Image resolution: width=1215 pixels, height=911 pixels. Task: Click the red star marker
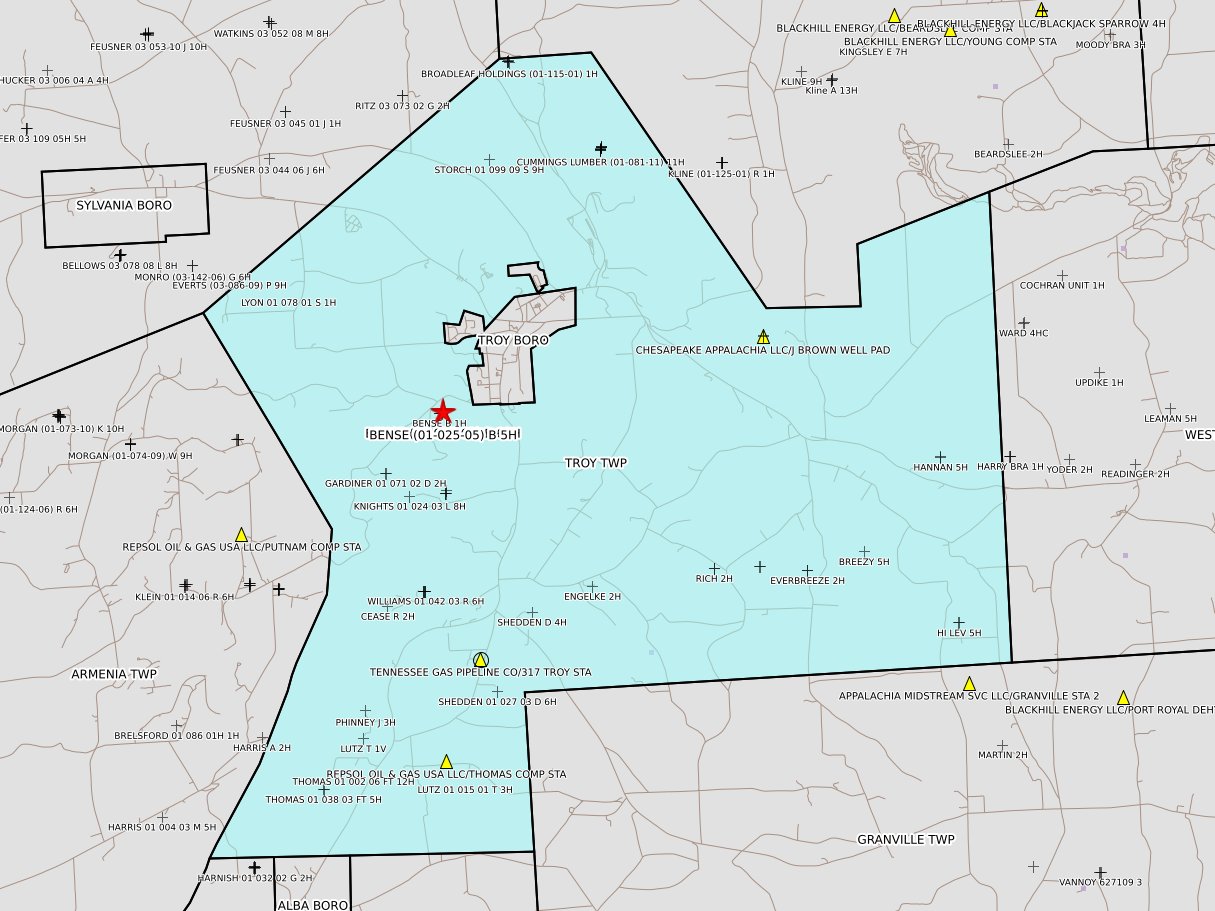coord(442,411)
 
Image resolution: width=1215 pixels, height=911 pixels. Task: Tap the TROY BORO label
coord(508,340)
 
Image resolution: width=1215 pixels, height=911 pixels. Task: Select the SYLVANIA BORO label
coord(124,205)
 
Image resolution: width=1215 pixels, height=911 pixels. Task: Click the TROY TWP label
coord(596,463)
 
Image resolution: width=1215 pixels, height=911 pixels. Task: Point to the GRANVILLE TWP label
coord(906,840)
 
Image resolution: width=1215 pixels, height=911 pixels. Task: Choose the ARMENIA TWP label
coord(114,675)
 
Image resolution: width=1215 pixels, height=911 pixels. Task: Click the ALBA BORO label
coord(313,905)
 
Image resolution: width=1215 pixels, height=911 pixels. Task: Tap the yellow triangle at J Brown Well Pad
coord(763,337)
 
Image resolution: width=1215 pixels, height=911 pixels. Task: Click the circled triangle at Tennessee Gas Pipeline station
coord(481,659)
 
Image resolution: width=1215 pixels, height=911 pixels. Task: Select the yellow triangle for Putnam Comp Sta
coord(241,535)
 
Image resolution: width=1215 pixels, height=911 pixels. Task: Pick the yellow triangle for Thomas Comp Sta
coord(446,761)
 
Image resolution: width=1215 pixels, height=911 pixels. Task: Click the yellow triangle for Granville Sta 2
coord(969,683)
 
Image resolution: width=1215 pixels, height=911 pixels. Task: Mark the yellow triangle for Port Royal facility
coord(1123,697)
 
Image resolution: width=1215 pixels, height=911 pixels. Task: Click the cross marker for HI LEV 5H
coord(958,622)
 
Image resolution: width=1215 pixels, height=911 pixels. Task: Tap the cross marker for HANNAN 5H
coord(939,456)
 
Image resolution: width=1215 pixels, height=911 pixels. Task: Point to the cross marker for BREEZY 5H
coord(864,551)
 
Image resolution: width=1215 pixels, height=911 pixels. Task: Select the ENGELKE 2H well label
coord(592,597)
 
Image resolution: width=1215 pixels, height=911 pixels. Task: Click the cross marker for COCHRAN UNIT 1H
coord(1062,275)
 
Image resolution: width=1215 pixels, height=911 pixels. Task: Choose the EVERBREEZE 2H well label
coord(807,580)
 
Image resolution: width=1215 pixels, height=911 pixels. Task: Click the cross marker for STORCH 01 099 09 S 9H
coord(489,159)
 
